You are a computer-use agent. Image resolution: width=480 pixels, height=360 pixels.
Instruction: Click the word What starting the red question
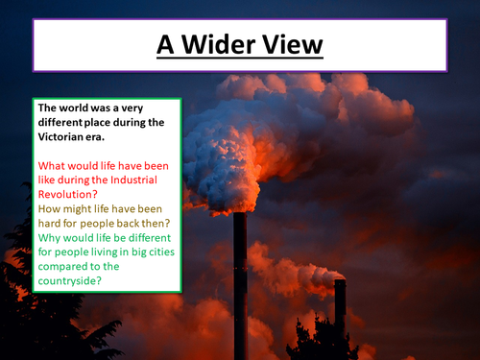[53, 162]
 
